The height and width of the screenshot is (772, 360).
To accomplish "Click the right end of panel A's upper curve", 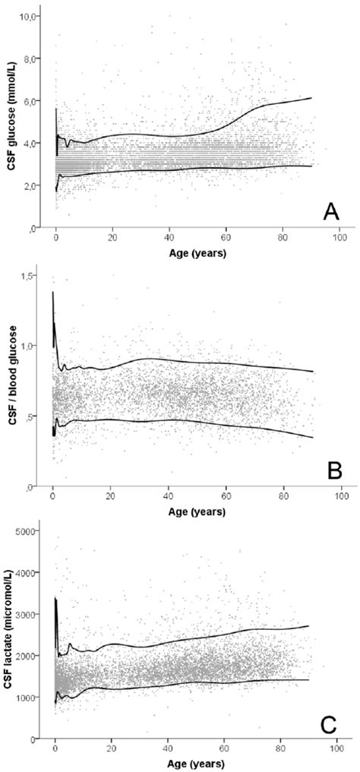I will coord(311,98).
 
